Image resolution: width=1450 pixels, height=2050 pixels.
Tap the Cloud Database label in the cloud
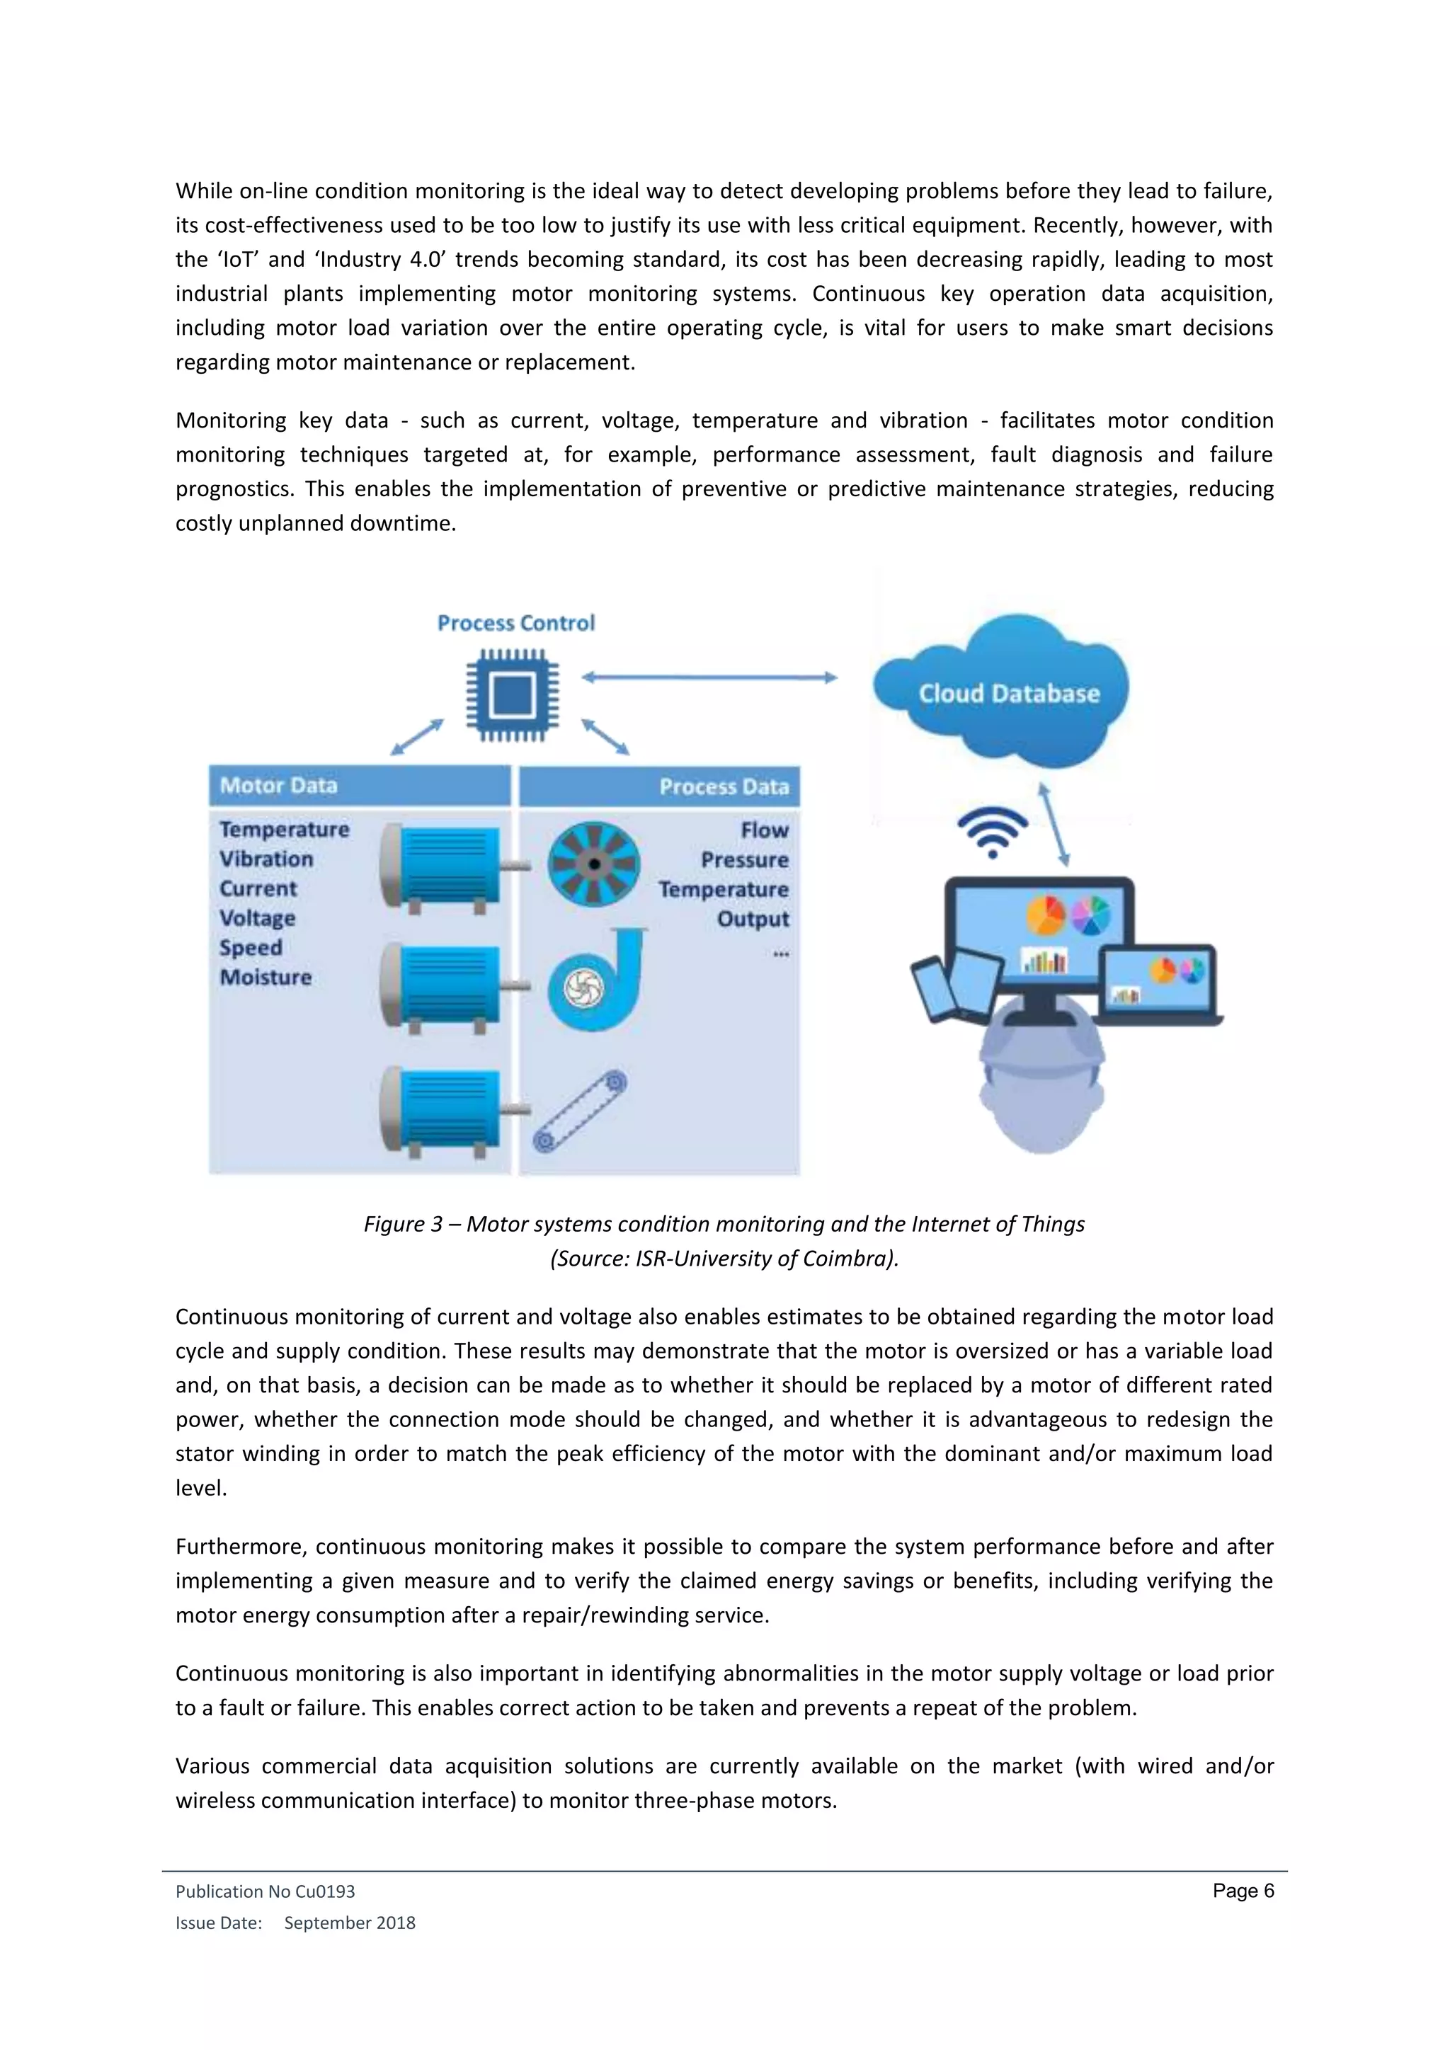tap(1009, 694)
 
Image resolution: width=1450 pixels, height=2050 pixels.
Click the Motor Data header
tap(278, 786)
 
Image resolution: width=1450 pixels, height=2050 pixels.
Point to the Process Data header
tap(724, 786)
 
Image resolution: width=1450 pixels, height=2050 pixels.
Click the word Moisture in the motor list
tap(266, 977)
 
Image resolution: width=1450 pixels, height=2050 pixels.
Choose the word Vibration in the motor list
tap(266, 859)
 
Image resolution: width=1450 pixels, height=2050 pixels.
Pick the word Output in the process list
tap(753, 919)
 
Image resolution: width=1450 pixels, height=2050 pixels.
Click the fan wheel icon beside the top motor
tap(594, 864)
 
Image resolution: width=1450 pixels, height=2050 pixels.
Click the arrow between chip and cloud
tap(710, 677)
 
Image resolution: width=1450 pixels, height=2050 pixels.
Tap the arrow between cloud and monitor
tap(1054, 824)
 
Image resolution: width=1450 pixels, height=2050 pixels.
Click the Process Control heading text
tap(516, 623)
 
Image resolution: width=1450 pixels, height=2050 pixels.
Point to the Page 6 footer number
tap(1243, 1890)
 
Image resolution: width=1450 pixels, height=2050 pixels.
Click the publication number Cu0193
tap(325, 1891)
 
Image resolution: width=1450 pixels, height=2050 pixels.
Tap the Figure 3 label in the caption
tap(403, 1223)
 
